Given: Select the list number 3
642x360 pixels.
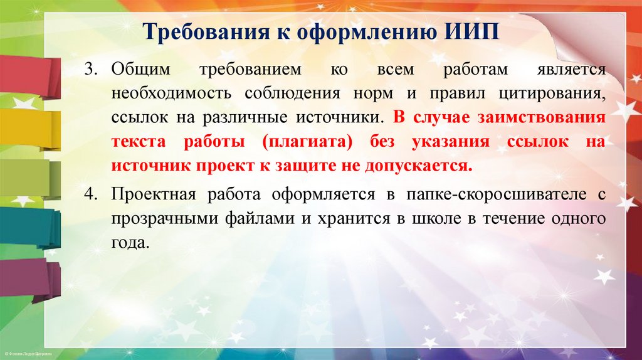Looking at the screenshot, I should (92, 69).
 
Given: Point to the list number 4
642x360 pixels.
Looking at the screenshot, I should (92, 195).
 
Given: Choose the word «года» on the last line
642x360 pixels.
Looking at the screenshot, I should (130, 243).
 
